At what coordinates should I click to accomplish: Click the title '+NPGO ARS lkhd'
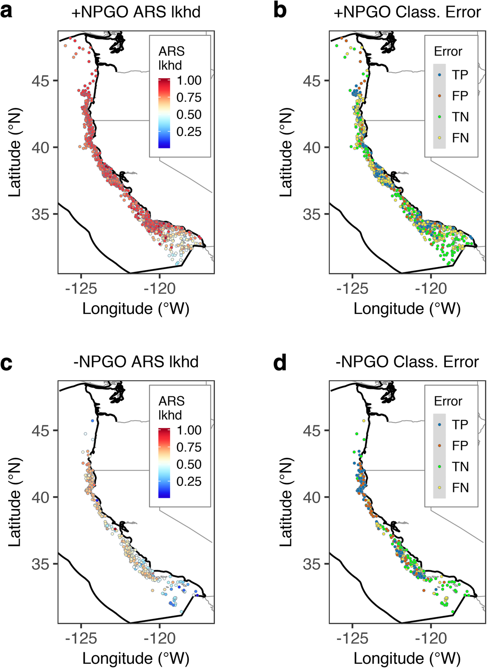(x=136, y=12)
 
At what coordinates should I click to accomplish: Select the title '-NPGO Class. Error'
(x=407, y=362)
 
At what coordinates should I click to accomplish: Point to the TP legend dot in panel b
(x=440, y=75)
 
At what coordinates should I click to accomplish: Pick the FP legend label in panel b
(x=460, y=96)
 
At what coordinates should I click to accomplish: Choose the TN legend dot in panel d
(x=440, y=466)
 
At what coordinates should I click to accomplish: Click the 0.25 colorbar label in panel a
(x=189, y=132)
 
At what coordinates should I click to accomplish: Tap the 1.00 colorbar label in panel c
(x=189, y=430)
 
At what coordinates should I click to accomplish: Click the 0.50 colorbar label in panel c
(x=189, y=464)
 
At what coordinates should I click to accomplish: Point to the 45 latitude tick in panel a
(x=40, y=81)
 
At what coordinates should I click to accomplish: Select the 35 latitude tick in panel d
(x=311, y=564)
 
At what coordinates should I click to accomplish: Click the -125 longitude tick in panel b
(x=352, y=289)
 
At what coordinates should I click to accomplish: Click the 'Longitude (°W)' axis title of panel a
(x=136, y=309)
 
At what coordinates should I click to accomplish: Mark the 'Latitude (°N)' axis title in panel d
(x=285, y=503)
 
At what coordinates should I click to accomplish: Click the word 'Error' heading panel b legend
(x=448, y=52)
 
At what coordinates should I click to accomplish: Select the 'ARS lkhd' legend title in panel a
(x=172, y=58)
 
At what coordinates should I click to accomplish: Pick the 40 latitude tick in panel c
(x=40, y=497)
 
